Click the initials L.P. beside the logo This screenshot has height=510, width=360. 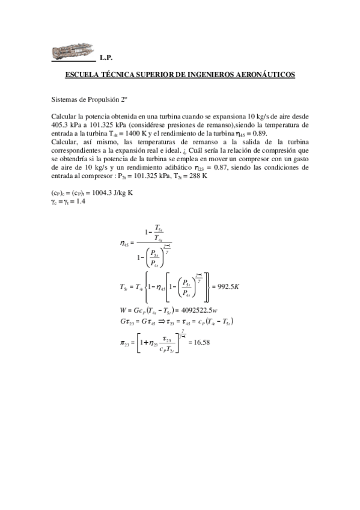pos(106,58)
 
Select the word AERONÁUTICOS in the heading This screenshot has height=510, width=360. pos(264,75)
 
